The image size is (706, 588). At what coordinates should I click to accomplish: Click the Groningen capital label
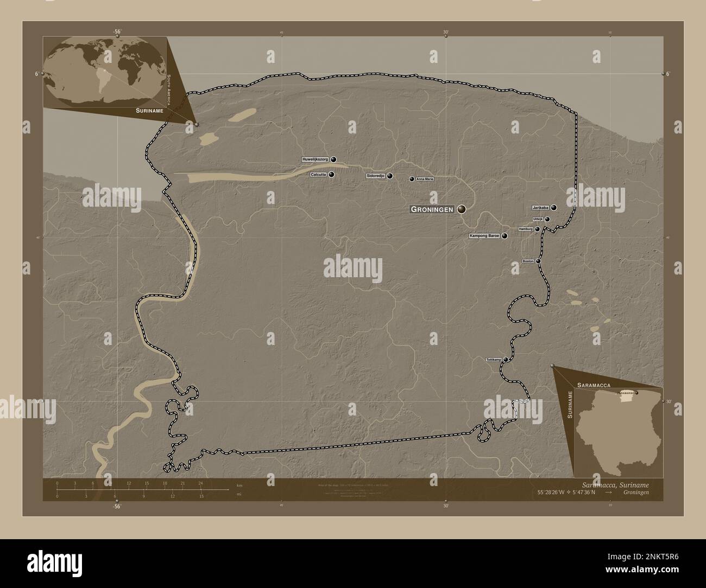(x=432, y=209)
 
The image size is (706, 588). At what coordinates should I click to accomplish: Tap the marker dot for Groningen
(x=462, y=209)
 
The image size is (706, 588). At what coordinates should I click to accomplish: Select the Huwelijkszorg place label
(x=315, y=159)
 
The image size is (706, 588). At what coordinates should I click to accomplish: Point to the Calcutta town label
(x=318, y=175)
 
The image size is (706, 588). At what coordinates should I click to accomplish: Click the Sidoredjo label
(x=375, y=176)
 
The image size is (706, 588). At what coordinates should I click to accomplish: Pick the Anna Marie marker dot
(x=412, y=179)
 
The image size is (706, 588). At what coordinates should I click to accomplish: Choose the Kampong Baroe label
(x=484, y=236)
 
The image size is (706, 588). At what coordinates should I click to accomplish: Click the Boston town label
(x=528, y=261)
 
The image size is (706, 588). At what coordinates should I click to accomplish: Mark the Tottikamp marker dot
(x=506, y=359)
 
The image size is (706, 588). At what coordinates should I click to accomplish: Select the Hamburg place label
(x=525, y=229)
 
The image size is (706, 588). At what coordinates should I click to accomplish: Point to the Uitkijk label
(x=538, y=219)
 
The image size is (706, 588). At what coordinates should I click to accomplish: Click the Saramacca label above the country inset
(x=595, y=384)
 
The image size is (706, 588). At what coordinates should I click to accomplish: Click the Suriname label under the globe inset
(x=146, y=110)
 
